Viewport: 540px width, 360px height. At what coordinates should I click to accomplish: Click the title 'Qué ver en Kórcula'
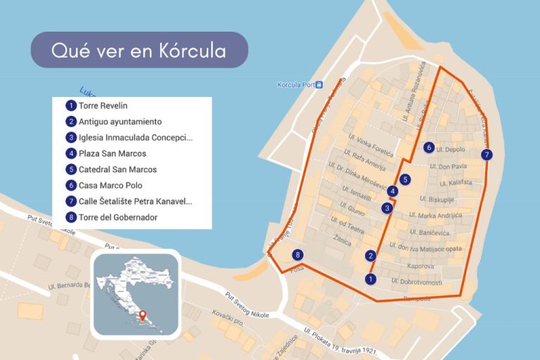point(139,51)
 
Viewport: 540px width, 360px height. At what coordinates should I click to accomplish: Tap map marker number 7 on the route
point(487,155)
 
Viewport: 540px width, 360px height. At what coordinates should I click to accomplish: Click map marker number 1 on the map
point(371,279)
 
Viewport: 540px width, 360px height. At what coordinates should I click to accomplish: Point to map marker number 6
point(429,148)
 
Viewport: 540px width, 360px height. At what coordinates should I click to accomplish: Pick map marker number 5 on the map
point(405,179)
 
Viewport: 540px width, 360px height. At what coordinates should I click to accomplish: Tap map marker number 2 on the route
point(371,256)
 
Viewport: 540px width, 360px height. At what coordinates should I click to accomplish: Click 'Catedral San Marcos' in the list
point(117,169)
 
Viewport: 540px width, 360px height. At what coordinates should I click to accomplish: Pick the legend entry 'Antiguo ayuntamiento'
point(120,122)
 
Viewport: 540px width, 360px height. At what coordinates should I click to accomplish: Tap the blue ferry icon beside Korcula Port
point(319,85)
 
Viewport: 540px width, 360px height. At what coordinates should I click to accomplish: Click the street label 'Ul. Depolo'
point(451,150)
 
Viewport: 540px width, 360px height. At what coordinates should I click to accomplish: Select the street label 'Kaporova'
point(422,266)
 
